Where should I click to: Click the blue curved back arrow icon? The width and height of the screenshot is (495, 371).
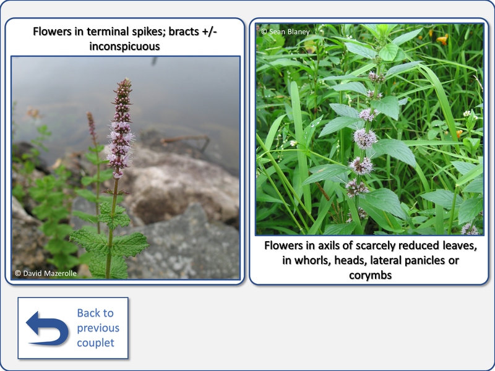point(48,328)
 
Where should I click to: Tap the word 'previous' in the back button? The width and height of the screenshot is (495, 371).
point(98,328)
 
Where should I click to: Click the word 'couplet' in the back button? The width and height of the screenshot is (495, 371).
point(96,343)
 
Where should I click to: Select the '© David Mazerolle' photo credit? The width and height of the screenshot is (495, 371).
point(45,273)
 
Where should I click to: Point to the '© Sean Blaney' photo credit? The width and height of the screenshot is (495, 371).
point(285,32)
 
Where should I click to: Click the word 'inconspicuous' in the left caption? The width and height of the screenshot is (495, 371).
point(125,46)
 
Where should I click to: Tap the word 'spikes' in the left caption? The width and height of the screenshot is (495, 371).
point(147,32)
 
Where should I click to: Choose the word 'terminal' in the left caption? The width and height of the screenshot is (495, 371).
point(108,32)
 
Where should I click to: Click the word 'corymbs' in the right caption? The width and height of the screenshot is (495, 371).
point(370,275)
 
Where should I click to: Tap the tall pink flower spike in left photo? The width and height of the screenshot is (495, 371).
point(120,128)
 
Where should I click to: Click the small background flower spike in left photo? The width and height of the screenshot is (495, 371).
point(92,126)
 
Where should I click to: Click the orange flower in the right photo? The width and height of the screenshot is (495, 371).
point(442,39)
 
